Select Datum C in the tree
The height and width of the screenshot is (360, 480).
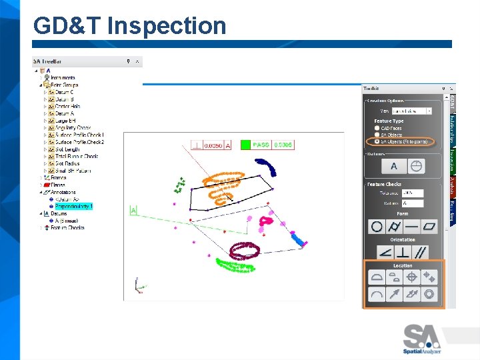click(65, 92)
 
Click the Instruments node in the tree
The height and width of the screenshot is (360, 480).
click(63, 78)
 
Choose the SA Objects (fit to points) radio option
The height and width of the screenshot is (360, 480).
click(378, 141)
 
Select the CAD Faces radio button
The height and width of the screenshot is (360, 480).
click(378, 128)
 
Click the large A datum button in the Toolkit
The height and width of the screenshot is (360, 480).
click(394, 166)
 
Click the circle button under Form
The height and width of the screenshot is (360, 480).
click(377, 227)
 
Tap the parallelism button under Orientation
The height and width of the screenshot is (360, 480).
click(421, 253)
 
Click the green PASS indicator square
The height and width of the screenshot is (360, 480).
click(245, 145)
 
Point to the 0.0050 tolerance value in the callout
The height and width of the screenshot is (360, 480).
click(213, 145)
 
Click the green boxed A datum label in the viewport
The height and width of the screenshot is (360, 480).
click(133, 211)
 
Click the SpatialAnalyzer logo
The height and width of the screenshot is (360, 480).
click(422, 338)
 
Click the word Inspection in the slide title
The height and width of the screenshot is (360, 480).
click(167, 26)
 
